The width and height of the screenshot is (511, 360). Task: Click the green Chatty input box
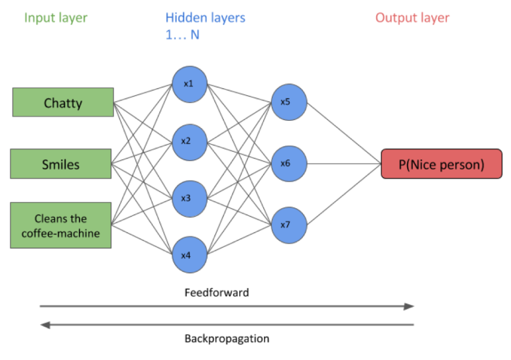[x=63, y=102]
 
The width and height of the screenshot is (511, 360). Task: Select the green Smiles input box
[x=61, y=164]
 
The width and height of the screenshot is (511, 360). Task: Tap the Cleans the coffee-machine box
[x=61, y=225]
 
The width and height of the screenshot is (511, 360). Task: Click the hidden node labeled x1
[x=189, y=84]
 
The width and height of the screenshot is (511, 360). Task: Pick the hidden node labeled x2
[x=189, y=141]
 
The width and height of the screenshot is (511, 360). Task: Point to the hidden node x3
[x=189, y=198]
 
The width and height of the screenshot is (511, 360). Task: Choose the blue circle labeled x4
[x=189, y=255]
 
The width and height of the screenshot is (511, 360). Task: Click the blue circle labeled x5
[x=289, y=102]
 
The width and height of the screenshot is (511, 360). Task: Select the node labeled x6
[x=289, y=163]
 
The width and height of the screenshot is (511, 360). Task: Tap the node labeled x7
[x=289, y=224]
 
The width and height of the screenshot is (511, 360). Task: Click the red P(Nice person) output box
[x=441, y=164]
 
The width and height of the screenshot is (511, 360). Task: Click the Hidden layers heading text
[x=205, y=17]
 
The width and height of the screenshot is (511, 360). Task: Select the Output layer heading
[x=413, y=17]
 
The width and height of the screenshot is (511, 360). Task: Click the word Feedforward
[x=216, y=293]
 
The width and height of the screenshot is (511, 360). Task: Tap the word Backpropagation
[x=227, y=339]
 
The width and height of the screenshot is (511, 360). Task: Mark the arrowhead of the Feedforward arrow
[x=409, y=307]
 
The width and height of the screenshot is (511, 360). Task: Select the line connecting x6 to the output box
[x=342, y=163]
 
